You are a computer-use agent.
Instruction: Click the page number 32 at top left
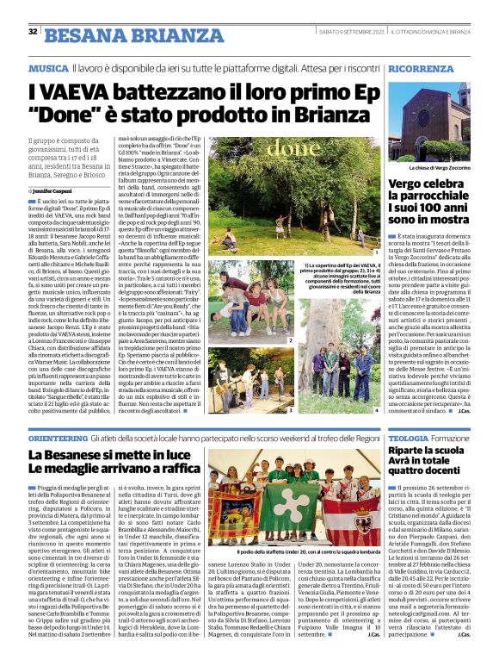coord(32,32)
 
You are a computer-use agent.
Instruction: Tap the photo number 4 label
coord(376,410)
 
